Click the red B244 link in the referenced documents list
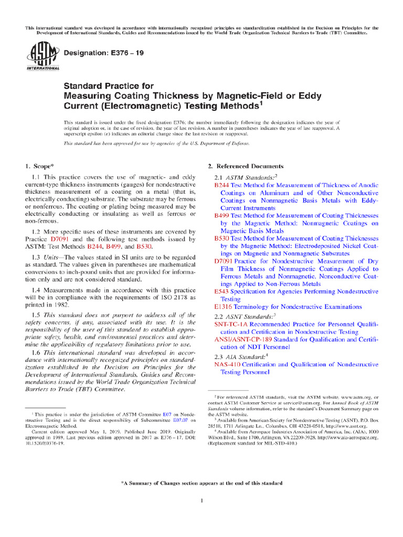pyautogui.click(x=221, y=185)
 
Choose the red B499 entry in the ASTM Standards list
pyautogui.click(x=221, y=216)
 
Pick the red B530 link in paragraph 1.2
pyautogui.click(x=143, y=246)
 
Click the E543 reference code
pyautogui.click(x=221, y=291)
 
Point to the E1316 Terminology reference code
pyautogui.click(x=224, y=306)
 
